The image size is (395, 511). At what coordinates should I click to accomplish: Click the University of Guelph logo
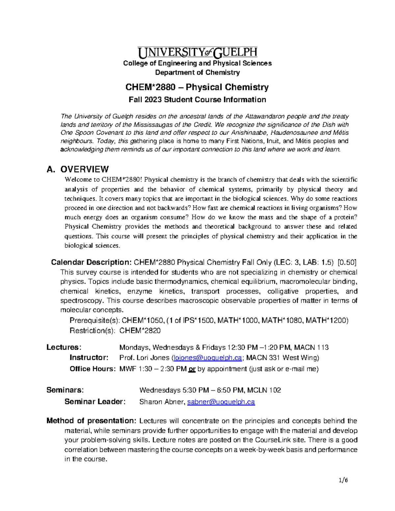(x=197, y=52)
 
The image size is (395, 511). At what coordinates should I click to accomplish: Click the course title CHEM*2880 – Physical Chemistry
(x=197, y=87)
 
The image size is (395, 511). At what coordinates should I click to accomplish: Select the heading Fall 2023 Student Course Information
(x=197, y=100)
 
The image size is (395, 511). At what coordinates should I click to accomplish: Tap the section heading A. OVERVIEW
(x=78, y=169)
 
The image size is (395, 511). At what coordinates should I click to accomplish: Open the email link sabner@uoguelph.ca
(x=221, y=402)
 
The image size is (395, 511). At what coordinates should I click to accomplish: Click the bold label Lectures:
(x=64, y=347)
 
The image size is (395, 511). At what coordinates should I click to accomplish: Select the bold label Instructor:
(x=89, y=358)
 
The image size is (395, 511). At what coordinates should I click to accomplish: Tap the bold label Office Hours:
(x=92, y=369)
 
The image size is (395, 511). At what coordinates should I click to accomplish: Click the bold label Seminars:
(x=65, y=390)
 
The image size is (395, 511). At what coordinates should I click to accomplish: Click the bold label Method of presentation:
(x=91, y=421)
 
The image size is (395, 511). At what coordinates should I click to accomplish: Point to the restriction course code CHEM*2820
(x=140, y=331)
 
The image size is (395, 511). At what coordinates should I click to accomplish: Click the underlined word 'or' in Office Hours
(x=192, y=369)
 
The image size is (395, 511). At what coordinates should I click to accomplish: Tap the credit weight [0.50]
(x=347, y=262)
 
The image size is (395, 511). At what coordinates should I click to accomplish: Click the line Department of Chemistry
(x=197, y=72)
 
